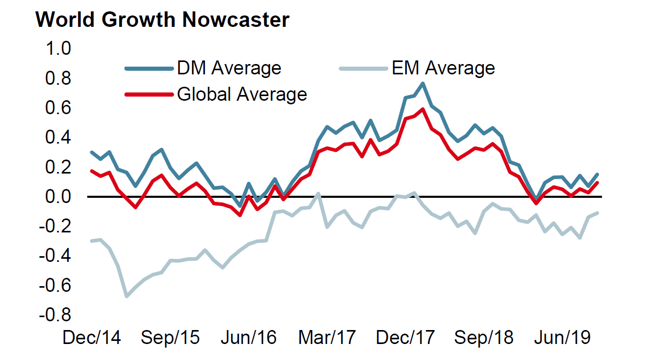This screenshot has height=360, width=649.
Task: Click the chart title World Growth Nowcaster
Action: [162, 20]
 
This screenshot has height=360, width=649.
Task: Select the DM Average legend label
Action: [229, 68]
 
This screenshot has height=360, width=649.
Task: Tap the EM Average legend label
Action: [442, 68]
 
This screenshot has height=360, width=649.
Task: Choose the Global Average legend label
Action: [242, 95]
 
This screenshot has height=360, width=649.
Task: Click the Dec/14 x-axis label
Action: [91, 338]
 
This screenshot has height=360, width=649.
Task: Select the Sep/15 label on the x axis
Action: [170, 338]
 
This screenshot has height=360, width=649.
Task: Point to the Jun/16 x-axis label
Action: [248, 338]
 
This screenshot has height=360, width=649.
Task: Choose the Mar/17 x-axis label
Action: [327, 338]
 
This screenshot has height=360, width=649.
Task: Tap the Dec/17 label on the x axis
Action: [406, 338]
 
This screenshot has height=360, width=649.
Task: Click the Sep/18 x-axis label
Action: [484, 338]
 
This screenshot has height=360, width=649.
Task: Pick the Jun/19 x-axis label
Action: [562, 338]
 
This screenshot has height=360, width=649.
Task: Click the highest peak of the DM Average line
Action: [423, 83]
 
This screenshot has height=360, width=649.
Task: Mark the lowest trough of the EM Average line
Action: [126, 296]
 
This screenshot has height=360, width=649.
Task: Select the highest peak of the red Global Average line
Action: [423, 109]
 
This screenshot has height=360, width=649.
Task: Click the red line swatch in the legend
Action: [149, 95]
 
